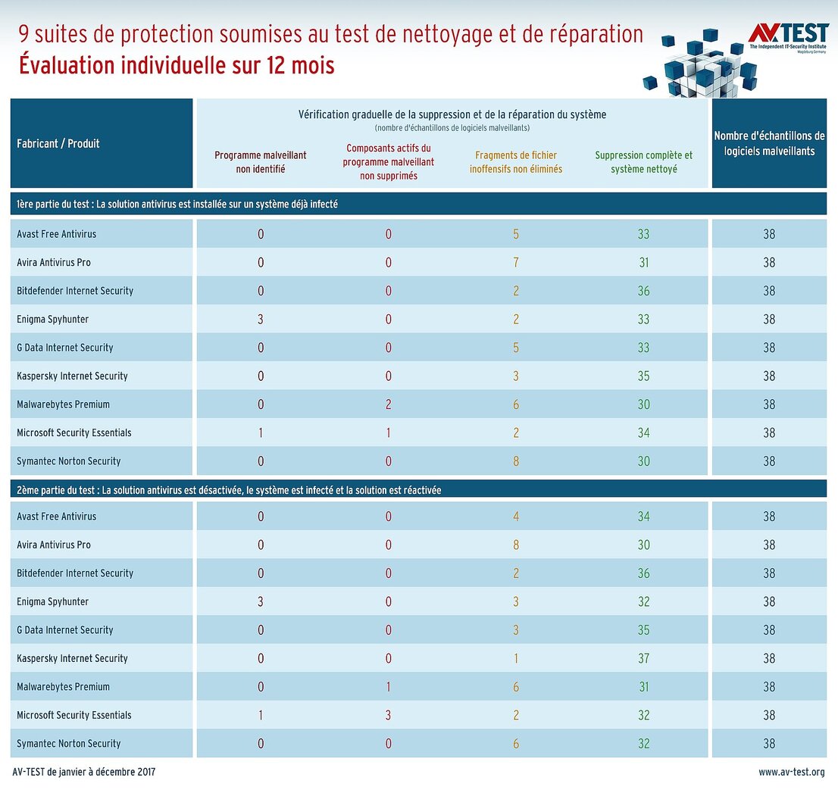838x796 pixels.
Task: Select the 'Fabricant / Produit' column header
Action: [x=58, y=143]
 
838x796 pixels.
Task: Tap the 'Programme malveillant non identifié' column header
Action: [x=261, y=162]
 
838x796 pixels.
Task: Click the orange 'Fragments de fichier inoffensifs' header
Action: [x=516, y=162]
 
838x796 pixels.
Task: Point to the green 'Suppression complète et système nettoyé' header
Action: [x=643, y=162]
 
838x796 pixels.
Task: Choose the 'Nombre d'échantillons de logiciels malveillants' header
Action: [x=769, y=143]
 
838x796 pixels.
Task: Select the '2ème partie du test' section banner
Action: [x=229, y=490]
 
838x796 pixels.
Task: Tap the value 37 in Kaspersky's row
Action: [x=643, y=658]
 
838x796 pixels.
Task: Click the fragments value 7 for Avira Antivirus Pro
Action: [x=516, y=262]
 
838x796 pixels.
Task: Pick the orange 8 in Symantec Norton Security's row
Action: [x=516, y=461]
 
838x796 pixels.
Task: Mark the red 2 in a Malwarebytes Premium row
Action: [x=389, y=404]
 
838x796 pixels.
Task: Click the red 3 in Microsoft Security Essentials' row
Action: [x=389, y=715]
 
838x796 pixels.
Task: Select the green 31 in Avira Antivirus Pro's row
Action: [x=643, y=262]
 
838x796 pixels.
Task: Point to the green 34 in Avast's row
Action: [x=643, y=517]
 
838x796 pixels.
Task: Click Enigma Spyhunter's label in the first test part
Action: [x=53, y=319]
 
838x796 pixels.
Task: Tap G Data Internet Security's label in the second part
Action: [x=65, y=630]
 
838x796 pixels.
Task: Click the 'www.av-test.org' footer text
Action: [x=791, y=773]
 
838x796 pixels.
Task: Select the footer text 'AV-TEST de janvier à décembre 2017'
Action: [x=84, y=773]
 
